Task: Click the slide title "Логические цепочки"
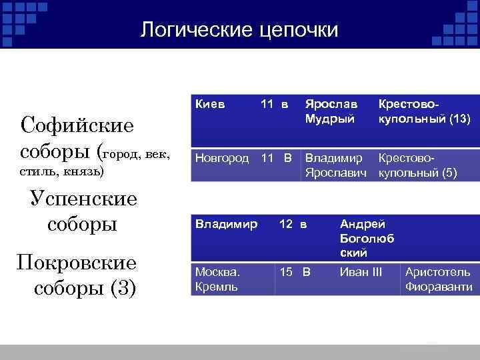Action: (240, 29)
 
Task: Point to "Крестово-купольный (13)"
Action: (424, 112)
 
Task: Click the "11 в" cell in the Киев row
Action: (274, 105)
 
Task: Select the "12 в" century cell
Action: (293, 225)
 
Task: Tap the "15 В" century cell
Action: (295, 272)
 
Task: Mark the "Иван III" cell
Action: (361, 272)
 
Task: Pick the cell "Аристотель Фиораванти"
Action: (438, 279)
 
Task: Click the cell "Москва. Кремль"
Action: (217, 279)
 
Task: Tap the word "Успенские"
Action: (84, 199)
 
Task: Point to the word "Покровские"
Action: (78, 263)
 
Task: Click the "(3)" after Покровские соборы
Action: (123, 289)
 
